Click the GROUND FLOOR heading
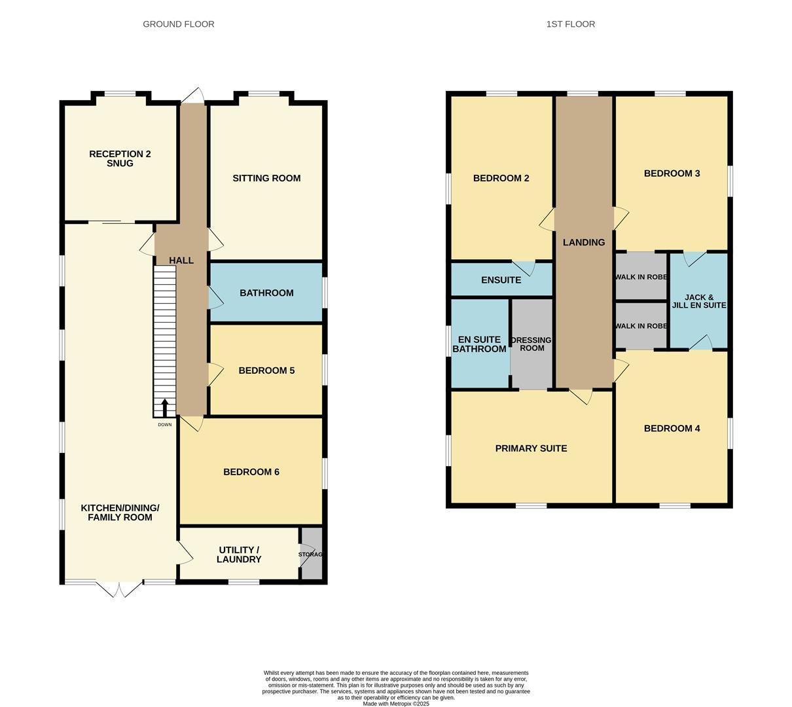pos(178,24)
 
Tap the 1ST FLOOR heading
pos(570,24)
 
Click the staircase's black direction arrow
pos(164,408)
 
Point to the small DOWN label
pos(164,425)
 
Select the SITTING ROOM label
pos(266,178)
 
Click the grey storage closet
pos(312,553)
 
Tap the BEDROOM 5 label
pos(266,371)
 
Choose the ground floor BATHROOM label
pos(266,293)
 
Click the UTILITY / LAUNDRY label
pos(239,554)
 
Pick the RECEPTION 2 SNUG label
pos(120,158)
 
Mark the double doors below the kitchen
pos(119,589)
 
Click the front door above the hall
pos(192,96)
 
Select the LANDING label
pos(584,242)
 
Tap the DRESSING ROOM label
pos(531,344)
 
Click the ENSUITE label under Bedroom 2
pos(501,280)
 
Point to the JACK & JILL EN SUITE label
pos(699,301)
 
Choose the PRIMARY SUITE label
pos(531,448)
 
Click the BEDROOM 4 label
pos(672,429)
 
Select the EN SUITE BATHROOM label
pos(479,344)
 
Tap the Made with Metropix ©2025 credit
pos(396,704)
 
